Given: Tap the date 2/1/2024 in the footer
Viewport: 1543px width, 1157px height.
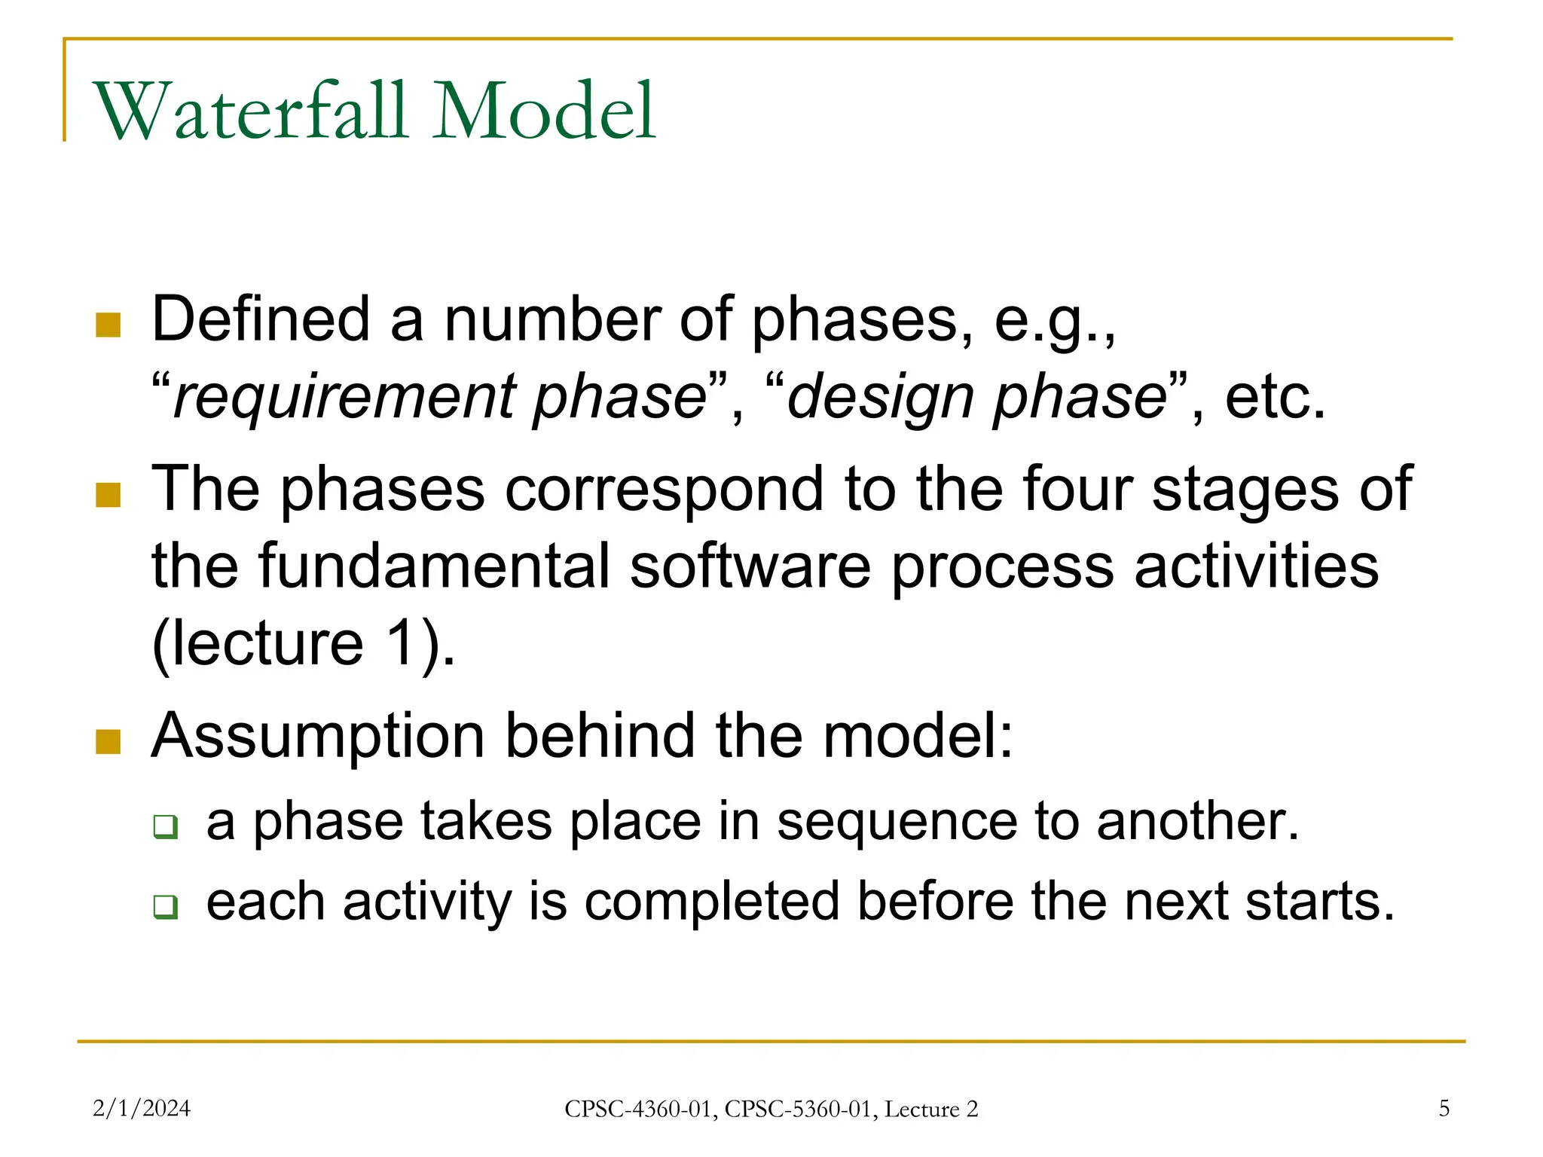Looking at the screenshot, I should point(141,1108).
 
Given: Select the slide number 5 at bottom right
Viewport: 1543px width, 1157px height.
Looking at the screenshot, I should point(1444,1108).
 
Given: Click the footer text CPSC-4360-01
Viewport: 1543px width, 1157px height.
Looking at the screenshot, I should point(640,1109).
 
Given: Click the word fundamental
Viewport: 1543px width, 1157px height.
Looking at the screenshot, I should point(433,566).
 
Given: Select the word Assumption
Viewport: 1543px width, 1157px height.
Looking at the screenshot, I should point(317,736).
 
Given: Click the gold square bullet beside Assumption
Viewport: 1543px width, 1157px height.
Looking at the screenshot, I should point(108,741).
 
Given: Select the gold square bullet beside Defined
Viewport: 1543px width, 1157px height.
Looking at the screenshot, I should point(108,325).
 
